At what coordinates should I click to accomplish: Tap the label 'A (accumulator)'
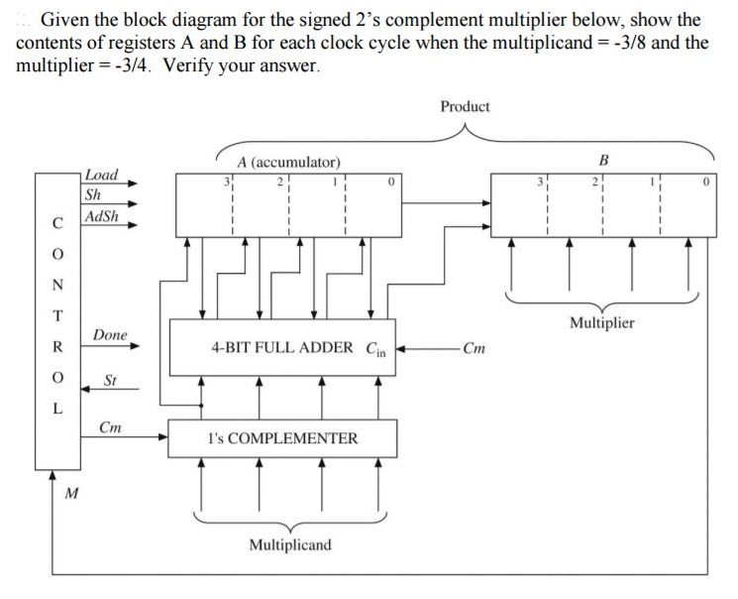tap(288, 162)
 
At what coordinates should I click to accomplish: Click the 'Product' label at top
tap(465, 106)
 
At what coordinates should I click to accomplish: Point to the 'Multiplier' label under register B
tap(601, 322)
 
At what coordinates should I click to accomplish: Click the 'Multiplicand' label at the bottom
tap(290, 544)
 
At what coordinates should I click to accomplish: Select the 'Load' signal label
tap(101, 175)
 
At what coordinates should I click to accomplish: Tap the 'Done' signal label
tap(110, 335)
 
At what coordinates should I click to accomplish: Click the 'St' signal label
tap(111, 381)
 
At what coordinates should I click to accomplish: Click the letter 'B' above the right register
tap(604, 159)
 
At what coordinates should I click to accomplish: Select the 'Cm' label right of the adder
tap(475, 348)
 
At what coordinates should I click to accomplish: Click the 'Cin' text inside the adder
tap(377, 349)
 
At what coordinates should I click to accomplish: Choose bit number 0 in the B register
tap(704, 181)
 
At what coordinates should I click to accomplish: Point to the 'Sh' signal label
tap(93, 194)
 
